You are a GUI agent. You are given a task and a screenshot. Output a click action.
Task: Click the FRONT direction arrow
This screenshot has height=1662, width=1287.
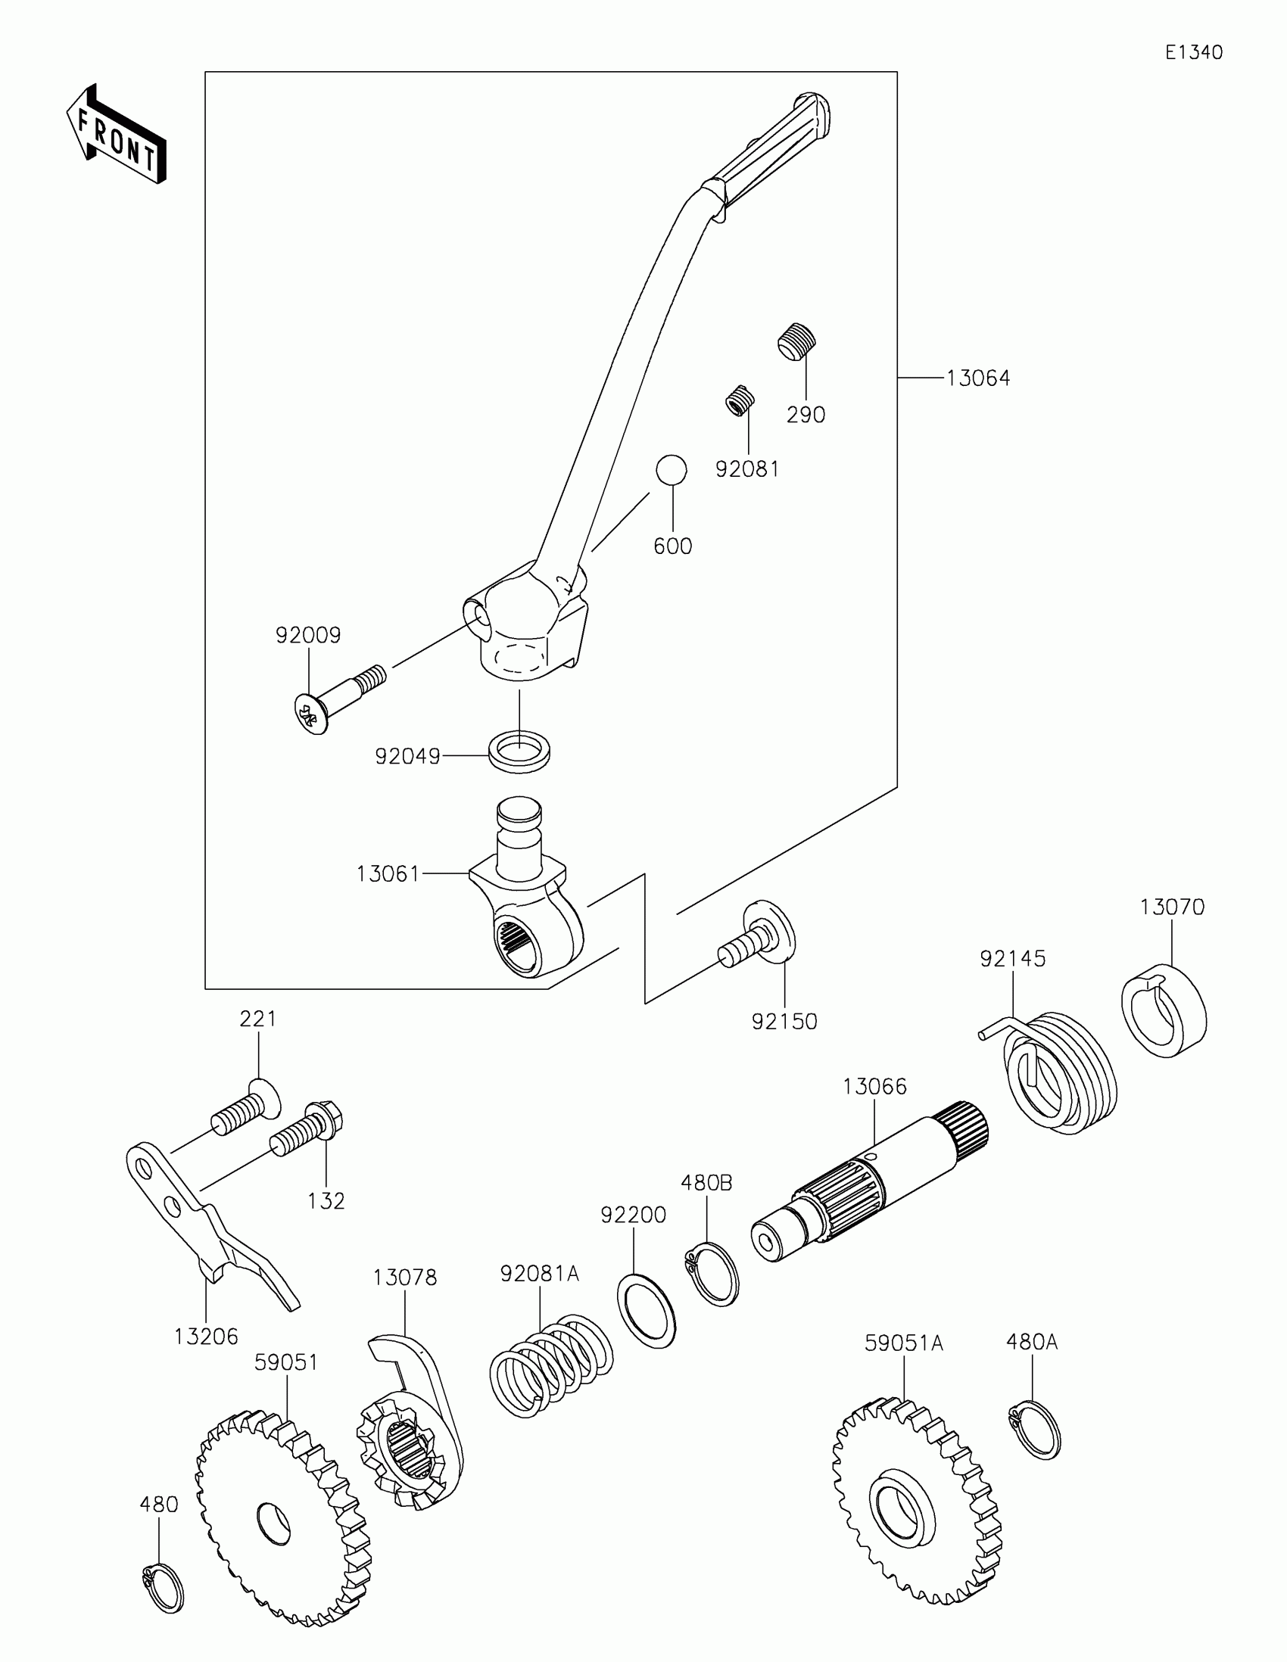pos(117,134)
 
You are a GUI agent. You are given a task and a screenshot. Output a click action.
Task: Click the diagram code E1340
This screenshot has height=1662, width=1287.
pos(1193,52)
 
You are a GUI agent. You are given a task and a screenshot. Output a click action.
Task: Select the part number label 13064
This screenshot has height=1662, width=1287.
pos(977,378)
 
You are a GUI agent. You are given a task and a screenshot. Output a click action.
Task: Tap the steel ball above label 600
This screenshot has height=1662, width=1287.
pos(672,470)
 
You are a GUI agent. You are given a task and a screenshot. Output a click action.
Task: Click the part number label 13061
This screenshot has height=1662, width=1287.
pos(388,874)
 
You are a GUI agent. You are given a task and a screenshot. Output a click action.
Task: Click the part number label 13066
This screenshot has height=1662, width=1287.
pos(874,1087)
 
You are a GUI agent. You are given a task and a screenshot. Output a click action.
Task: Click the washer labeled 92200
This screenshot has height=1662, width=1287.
pos(647,1309)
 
